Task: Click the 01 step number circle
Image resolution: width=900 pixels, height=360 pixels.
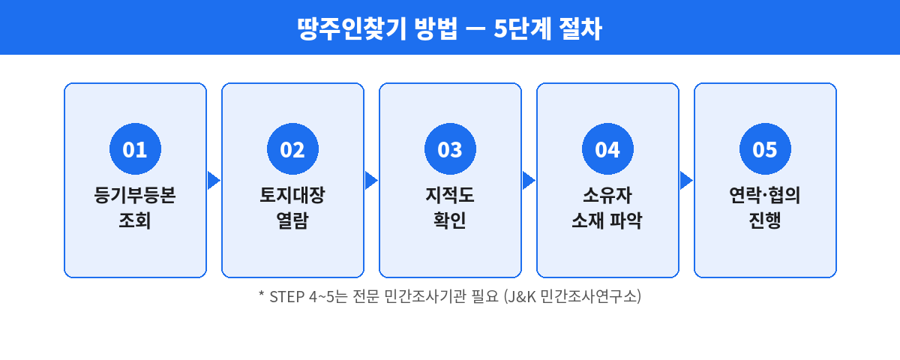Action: pos(135,150)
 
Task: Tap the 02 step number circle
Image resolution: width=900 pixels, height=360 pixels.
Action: pos(292,150)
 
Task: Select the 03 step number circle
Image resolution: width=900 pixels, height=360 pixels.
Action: pos(450,150)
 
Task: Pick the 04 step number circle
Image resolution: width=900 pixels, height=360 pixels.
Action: pos(607,150)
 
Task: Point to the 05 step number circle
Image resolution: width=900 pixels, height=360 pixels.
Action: pos(765,150)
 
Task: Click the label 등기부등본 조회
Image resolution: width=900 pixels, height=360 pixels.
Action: pos(135,208)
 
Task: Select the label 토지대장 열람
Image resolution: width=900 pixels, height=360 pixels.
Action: pos(292,208)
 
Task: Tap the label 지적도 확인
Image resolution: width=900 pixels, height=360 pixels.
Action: pos(450,208)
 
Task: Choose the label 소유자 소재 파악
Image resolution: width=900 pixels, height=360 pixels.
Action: pos(607,208)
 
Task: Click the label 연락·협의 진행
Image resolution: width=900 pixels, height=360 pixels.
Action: pos(765,208)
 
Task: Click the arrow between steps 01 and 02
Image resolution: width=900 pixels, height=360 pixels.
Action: pos(214,181)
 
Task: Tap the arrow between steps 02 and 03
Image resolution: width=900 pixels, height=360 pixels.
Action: pos(371,181)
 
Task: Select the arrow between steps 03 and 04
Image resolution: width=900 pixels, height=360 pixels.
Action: pos(529,181)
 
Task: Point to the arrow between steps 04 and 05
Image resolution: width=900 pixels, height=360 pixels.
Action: pos(686,181)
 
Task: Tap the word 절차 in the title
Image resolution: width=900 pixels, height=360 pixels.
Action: pos(580,28)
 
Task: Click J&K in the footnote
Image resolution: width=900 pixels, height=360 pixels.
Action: pos(523,296)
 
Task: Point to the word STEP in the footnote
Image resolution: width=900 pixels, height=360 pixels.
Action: pos(286,296)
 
